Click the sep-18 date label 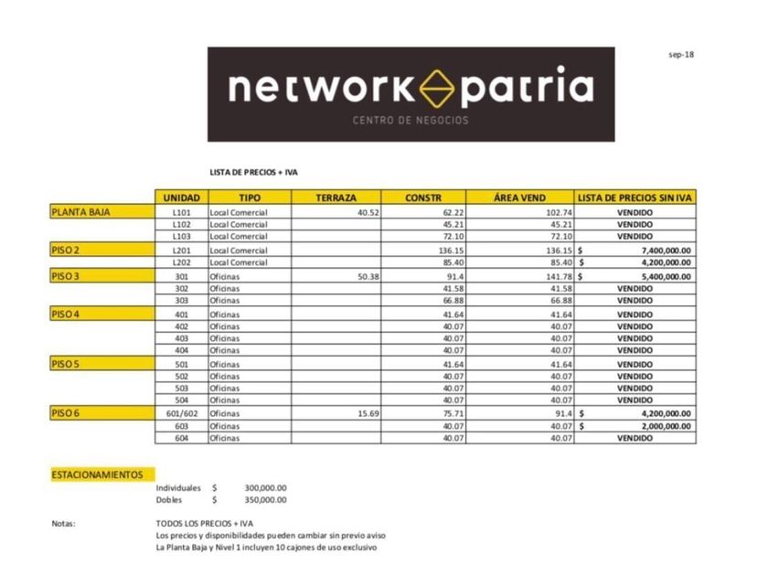pyautogui.click(x=682, y=54)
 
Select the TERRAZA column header pyautogui.click(x=336, y=197)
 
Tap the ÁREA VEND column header pyautogui.click(x=519, y=197)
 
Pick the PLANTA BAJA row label pyautogui.click(x=81, y=211)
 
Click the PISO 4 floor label pyautogui.click(x=66, y=314)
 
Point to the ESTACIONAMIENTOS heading pyautogui.click(x=98, y=475)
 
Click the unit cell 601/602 pyautogui.click(x=182, y=413)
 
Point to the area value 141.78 pyautogui.click(x=557, y=275)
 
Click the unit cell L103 pyautogui.click(x=181, y=236)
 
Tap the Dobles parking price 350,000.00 pyautogui.click(x=265, y=500)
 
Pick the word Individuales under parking pyautogui.click(x=178, y=488)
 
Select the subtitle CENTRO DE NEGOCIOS pyautogui.click(x=411, y=121)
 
